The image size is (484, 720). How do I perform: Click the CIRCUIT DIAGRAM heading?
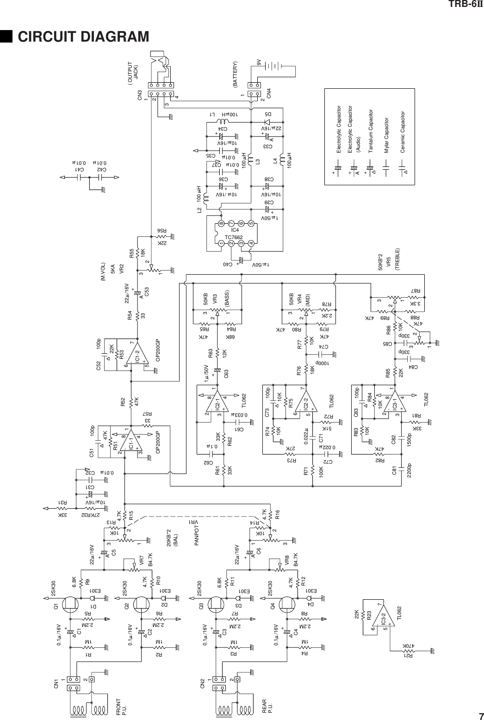83,36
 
